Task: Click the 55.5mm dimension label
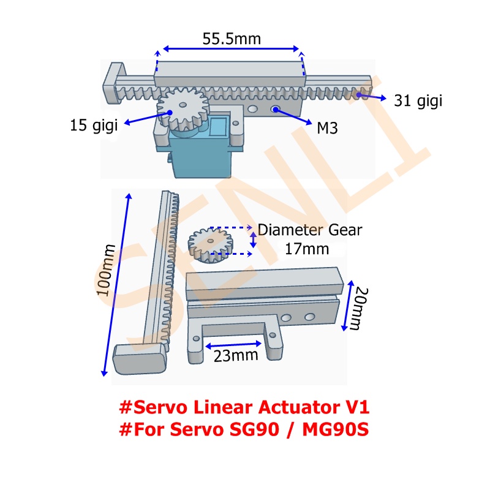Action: point(232,39)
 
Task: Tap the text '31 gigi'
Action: point(418,100)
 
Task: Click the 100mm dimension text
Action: point(108,270)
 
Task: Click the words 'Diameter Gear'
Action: point(310,230)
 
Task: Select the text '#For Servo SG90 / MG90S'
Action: point(244,429)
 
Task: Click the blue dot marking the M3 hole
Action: point(276,109)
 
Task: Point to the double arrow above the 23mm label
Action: point(236,344)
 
